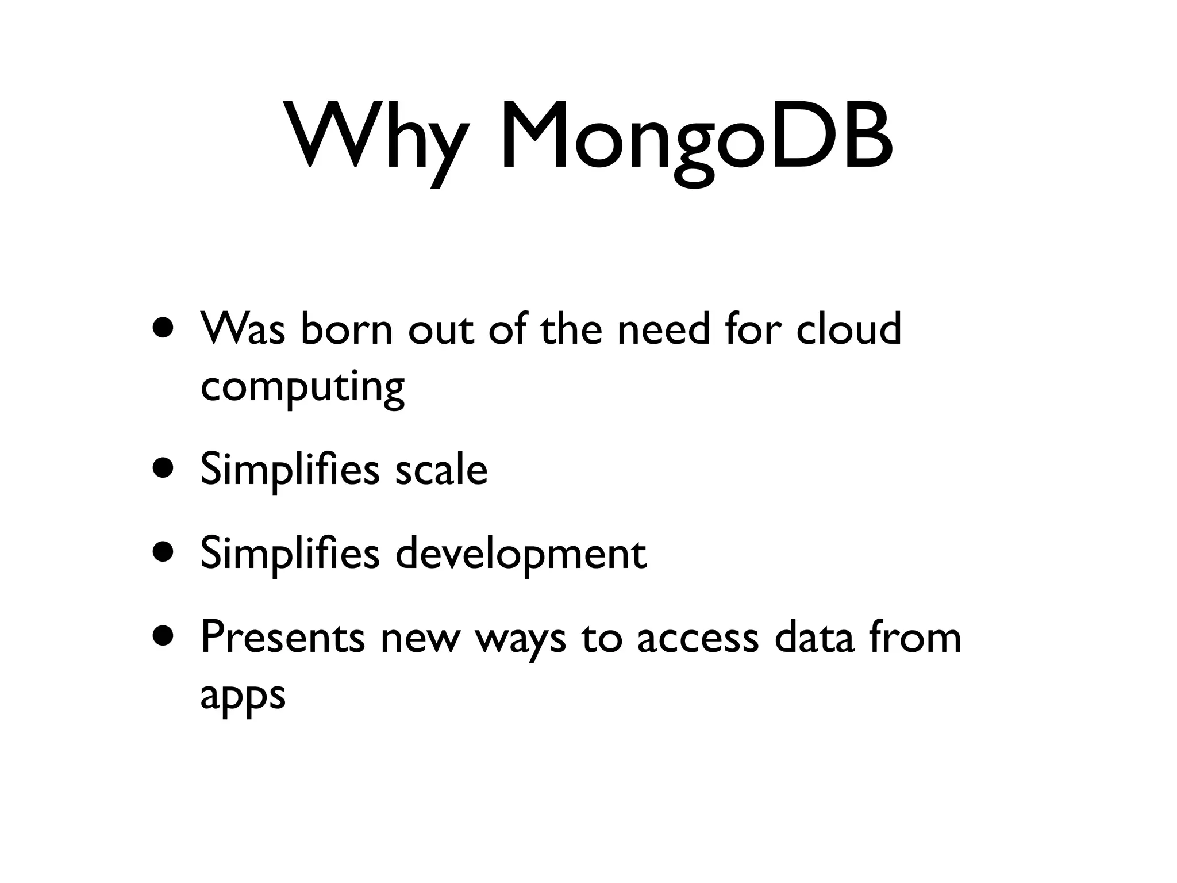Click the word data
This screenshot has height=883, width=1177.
point(814,638)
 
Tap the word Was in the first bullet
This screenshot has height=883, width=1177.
point(243,328)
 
